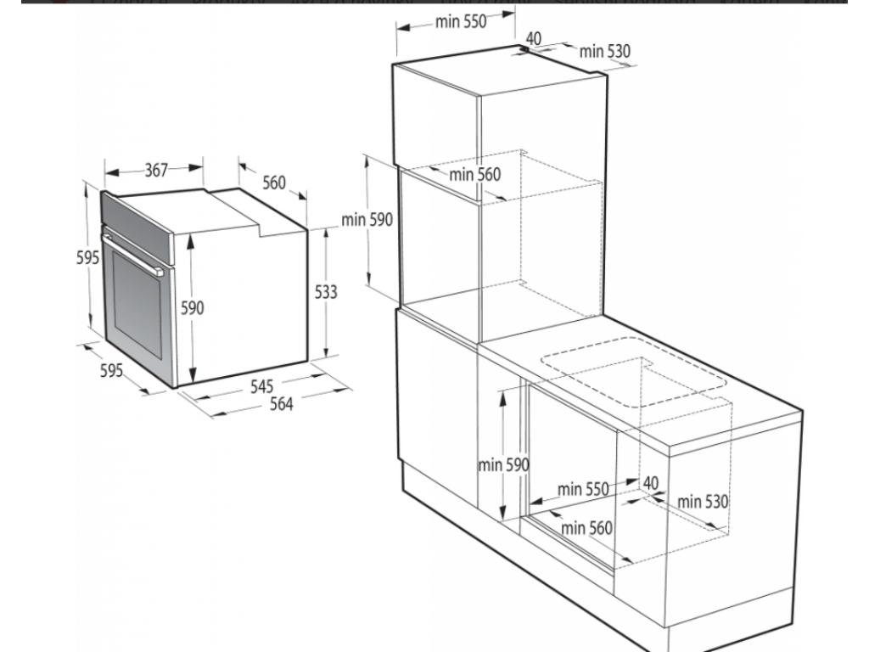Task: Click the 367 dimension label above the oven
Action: point(155,170)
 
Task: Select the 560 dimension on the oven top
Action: point(274,183)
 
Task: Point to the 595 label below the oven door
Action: point(112,371)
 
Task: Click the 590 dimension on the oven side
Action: point(193,309)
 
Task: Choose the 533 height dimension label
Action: point(326,292)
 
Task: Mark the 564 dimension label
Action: point(281,404)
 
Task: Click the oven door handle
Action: point(132,254)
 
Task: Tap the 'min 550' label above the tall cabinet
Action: point(461,23)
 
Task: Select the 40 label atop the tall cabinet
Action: point(534,38)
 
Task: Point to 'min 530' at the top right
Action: point(606,51)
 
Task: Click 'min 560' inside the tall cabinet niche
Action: point(475,175)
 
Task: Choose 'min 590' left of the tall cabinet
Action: point(367,219)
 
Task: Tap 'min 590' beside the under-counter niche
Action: point(503,464)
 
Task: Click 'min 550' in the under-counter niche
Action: point(584,489)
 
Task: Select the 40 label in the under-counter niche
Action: point(650,483)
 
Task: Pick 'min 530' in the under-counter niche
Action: point(703,502)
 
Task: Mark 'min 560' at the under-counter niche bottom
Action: point(586,528)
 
